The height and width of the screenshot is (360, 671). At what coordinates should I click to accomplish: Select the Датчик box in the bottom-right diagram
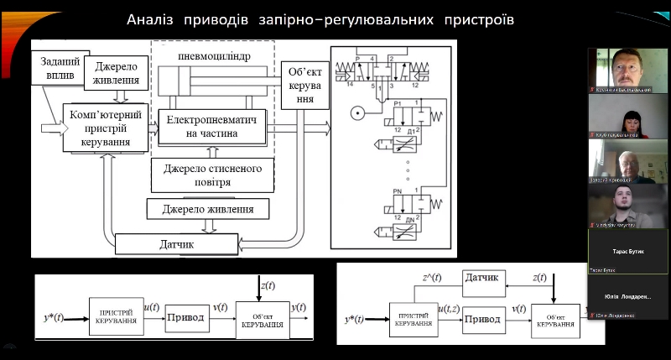tap(482, 278)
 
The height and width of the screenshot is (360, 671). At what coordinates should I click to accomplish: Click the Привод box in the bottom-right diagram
tap(482, 320)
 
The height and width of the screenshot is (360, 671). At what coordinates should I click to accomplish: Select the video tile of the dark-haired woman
tap(627, 116)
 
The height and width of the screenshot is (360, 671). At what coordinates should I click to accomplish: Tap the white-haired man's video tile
tap(627, 161)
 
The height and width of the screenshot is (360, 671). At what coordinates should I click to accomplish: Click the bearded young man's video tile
tap(627, 206)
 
